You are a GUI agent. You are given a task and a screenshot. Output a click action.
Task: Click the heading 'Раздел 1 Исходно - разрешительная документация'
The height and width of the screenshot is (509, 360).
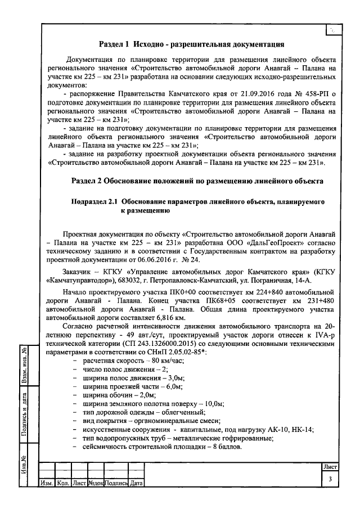click(191, 43)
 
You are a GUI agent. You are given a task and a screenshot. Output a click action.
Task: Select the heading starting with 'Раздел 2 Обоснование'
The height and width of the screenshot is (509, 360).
click(197, 182)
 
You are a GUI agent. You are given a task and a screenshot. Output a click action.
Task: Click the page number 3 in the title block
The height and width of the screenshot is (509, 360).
click(330, 479)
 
